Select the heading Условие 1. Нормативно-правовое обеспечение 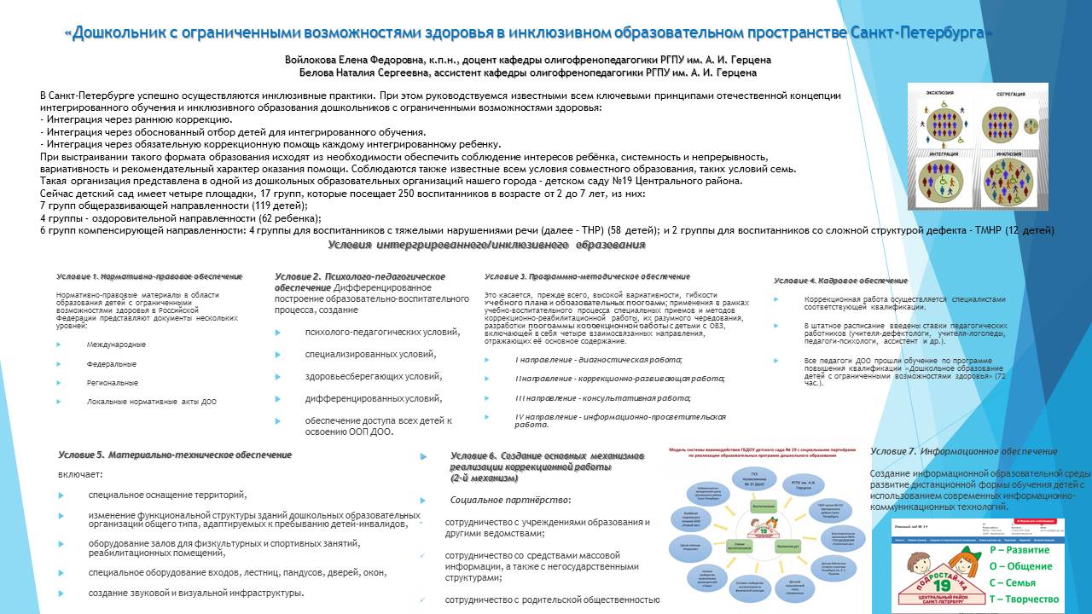click(149, 276)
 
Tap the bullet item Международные click(116, 345)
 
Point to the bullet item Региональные click(112, 383)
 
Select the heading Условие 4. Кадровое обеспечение click(840, 281)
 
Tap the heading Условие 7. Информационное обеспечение click(964, 451)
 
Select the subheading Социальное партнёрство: click(510, 500)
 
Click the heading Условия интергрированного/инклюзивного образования click(486, 246)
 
